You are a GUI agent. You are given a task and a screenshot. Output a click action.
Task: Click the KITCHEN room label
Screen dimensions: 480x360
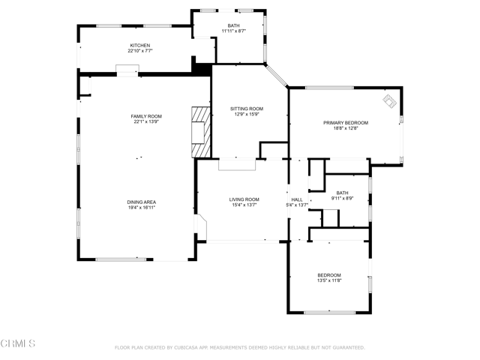click(140, 45)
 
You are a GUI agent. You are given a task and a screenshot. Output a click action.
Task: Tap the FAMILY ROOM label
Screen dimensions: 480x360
click(146, 116)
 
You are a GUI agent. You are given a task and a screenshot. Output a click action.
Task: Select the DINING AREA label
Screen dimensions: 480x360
click(142, 202)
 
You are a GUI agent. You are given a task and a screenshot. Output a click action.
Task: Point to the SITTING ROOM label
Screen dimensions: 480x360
click(247, 109)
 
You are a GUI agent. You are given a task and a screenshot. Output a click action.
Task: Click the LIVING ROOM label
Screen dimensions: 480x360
click(244, 199)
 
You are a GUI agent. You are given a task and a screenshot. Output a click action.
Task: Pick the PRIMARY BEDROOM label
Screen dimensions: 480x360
click(346, 123)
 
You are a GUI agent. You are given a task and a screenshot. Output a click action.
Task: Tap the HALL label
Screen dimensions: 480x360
click(297, 199)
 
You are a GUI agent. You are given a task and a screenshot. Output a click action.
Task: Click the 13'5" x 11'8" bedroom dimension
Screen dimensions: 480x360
click(329, 280)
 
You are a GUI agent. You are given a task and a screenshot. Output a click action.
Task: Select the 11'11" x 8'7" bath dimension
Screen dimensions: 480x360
click(233, 31)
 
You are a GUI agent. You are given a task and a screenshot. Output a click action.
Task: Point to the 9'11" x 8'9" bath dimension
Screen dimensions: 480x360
click(342, 198)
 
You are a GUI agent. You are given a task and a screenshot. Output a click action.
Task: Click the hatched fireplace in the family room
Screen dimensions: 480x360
click(201, 132)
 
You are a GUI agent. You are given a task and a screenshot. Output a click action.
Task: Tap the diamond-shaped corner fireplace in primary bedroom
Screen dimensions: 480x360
click(389, 101)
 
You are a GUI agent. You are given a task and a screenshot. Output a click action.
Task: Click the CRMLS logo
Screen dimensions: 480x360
click(18, 343)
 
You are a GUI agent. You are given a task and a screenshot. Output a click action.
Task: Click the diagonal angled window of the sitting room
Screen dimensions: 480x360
click(276, 76)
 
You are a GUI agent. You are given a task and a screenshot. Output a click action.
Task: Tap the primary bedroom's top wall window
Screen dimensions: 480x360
click(330, 88)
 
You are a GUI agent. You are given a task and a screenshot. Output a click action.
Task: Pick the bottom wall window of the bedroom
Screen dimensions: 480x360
click(330, 313)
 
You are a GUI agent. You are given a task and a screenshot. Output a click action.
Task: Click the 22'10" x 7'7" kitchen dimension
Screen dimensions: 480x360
click(140, 51)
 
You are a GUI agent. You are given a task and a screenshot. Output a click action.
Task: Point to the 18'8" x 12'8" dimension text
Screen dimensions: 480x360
click(346, 128)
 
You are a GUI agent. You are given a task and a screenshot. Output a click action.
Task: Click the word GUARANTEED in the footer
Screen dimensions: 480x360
click(347, 348)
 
